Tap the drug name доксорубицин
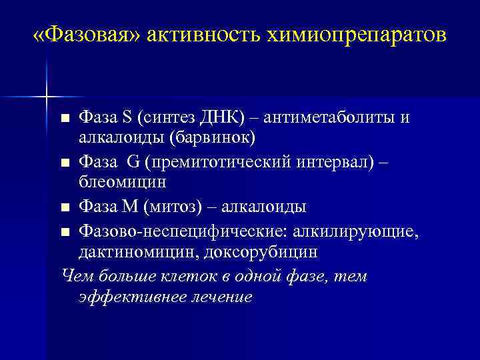click(251, 252)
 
